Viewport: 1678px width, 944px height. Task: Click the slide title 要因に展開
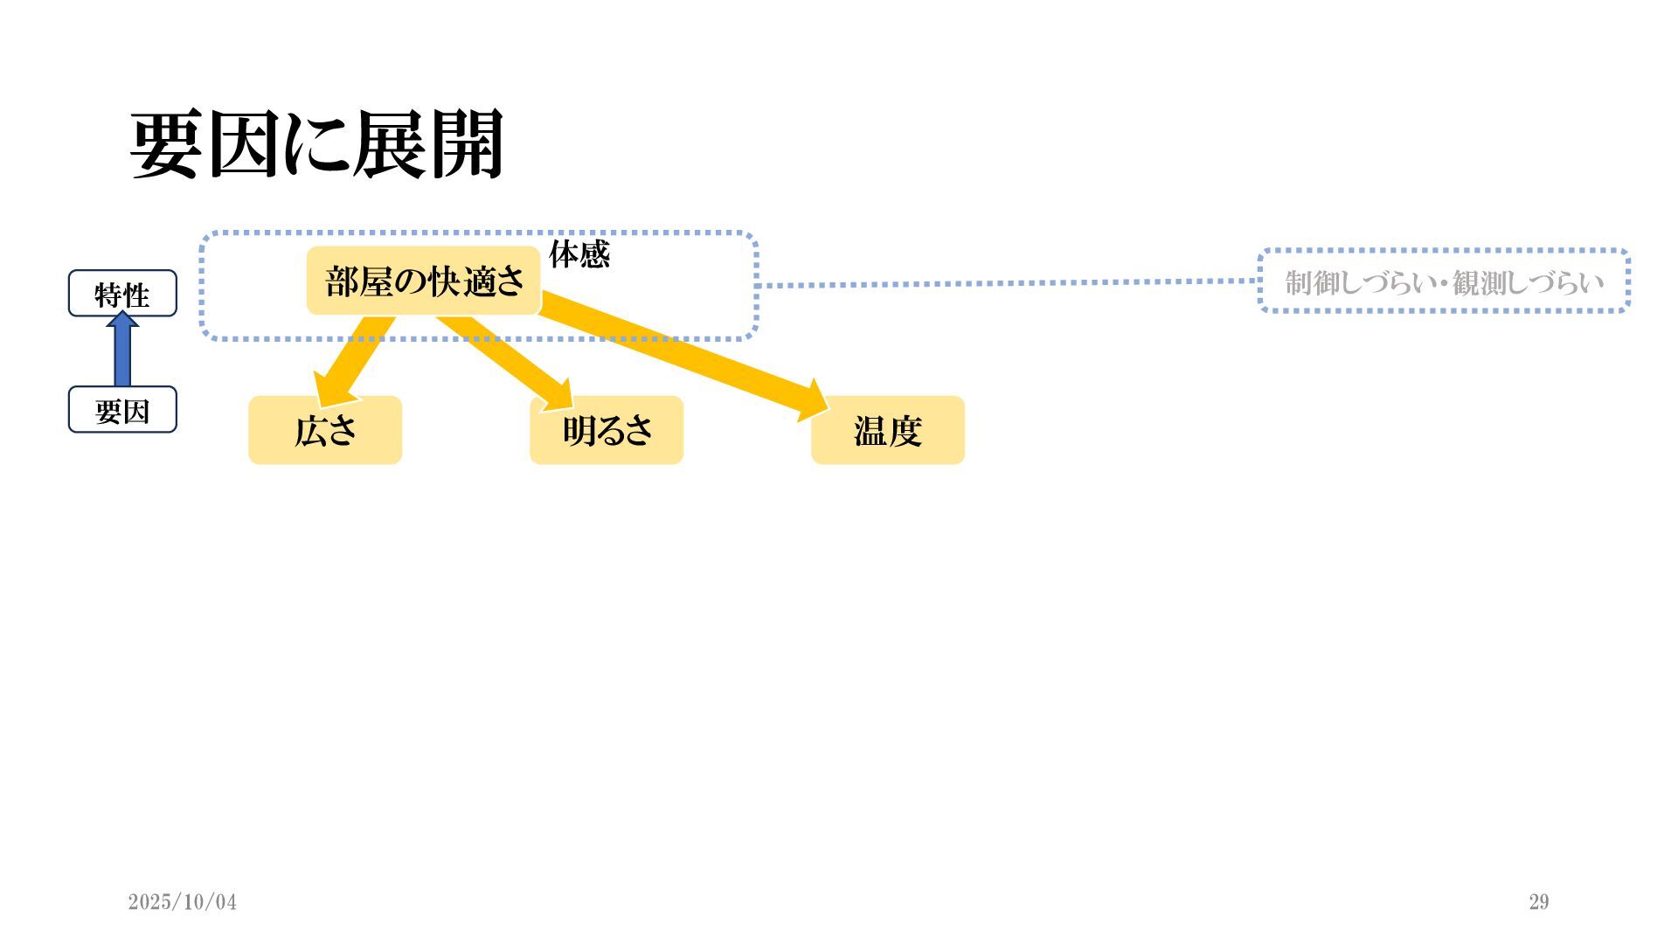point(316,145)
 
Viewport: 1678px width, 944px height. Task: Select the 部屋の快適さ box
point(424,281)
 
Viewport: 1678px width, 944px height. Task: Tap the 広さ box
point(325,430)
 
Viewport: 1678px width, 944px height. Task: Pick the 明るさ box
point(607,430)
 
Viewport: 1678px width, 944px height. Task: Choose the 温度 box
point(888,430)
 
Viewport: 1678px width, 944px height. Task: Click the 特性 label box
point(122,294)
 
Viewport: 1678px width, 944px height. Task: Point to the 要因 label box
point(122,410)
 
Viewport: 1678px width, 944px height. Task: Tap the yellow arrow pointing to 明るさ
point(507,358)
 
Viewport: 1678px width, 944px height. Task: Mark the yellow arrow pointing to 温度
point(682,354)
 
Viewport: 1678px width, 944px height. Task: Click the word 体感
point(579,254)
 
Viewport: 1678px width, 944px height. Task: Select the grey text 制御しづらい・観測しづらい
point(1444,281)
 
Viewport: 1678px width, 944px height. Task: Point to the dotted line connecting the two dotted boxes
point(1005,283)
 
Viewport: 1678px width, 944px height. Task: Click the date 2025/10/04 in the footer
point(182,902)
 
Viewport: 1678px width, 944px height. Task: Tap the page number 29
point(1539,902)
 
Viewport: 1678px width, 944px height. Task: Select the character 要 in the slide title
point(166,145)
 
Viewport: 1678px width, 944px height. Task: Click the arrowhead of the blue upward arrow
point(122,320)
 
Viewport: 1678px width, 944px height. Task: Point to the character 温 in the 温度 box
point(870,431)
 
